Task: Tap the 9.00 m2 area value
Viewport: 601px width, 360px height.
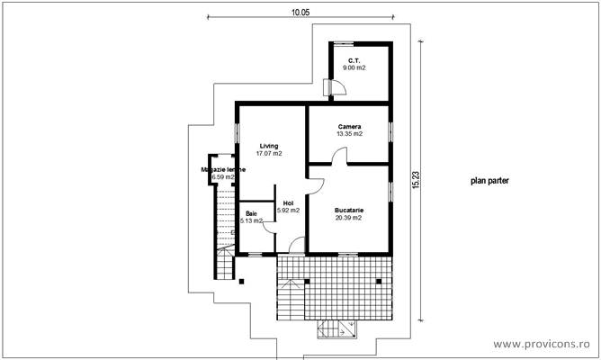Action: click(x=357, y=68)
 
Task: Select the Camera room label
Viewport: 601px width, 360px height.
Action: click(x=350, y=126)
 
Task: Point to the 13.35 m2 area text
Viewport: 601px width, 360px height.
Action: click(x=350, y=134)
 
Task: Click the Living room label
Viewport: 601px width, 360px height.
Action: click(x=269, y=145)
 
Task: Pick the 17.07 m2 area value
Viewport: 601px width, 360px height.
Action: click(x=269, y=153)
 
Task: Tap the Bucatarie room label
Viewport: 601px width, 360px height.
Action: click(x=349, y=210)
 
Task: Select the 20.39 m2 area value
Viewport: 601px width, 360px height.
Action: click(x=349, y=218)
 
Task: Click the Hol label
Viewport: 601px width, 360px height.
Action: click(x=288, y=202)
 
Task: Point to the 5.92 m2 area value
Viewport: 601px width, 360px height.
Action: click(x=288, y=211)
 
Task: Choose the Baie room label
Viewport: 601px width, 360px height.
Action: click(x=251, y=212)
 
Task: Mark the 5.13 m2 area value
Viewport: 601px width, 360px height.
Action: click(x=251, y=220)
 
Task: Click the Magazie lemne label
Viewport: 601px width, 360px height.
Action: click(x=223, y=169)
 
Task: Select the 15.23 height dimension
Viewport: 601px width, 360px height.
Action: click(x=414, y=180)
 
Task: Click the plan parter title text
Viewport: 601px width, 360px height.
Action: click(x=489, y=180)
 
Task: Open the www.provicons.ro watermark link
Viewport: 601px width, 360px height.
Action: click(x=543, y=345)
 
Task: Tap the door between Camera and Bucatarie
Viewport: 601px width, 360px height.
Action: click(x=338, y=157)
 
